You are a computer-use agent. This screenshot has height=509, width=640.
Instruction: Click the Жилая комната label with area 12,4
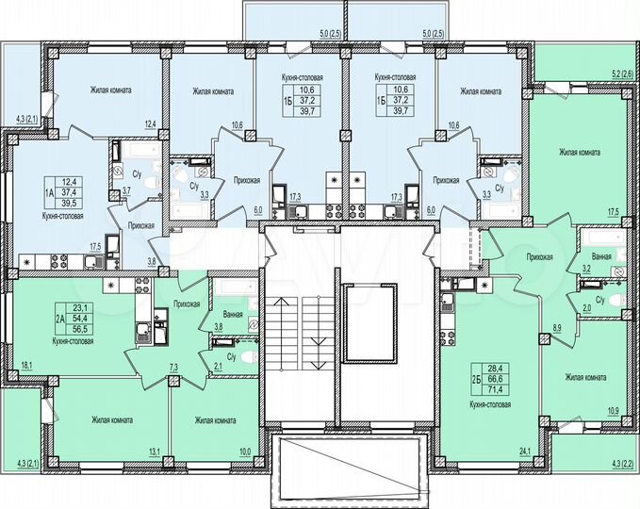pyautogui.click(x=110, y=91)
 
